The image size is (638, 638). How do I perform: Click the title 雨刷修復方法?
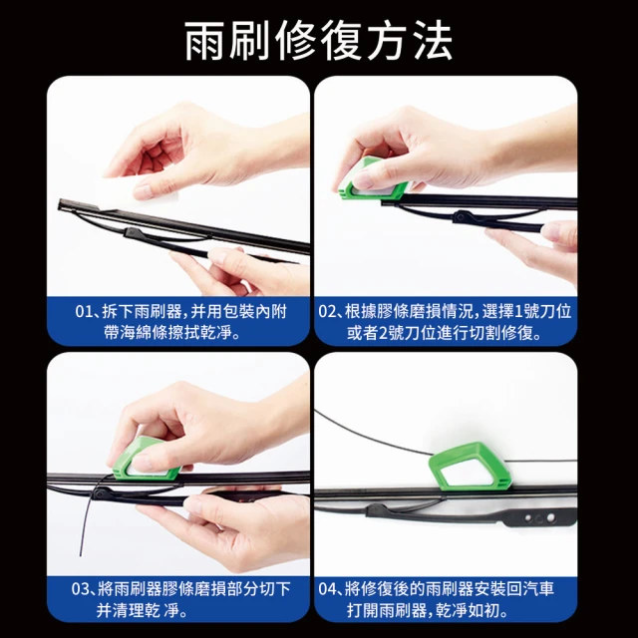pos(319,40)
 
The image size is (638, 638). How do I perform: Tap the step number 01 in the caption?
pos(85,312)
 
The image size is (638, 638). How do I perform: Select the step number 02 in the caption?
pos(327,312)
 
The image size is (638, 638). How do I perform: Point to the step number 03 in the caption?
pos(81,589)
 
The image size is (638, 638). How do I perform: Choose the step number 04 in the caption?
pos(327,589)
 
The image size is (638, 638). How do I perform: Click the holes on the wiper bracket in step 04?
pos(539,518)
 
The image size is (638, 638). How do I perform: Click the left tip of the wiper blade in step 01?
pos(60,203)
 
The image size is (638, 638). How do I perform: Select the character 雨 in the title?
pos(204,41)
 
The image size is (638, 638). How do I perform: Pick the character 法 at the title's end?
pos(433,41)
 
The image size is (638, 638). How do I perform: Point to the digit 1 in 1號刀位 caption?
pos(518,312)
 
